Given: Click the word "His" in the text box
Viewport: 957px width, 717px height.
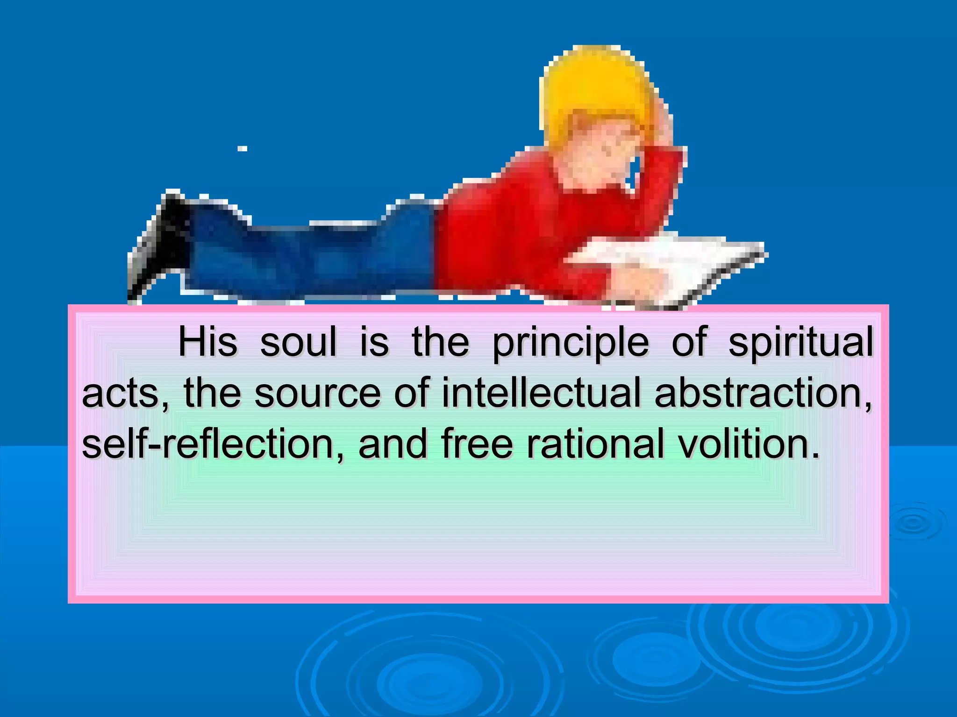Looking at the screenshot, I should (207, 342).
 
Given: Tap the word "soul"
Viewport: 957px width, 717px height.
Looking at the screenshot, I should (298, 342).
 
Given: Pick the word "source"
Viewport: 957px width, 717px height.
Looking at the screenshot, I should (317, 393).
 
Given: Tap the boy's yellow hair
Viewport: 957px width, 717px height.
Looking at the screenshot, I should (593, 84).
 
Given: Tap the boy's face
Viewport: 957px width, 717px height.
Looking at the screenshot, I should (603, 149).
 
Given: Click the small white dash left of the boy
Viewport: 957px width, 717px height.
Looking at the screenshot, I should (242, 149).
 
